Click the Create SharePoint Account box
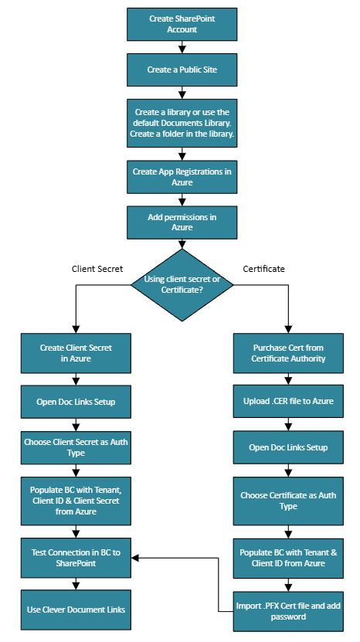point(182,23)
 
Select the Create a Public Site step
point(182,70)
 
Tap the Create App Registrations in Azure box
point(182,177)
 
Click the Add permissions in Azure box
point(182,222)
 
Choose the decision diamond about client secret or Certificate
point(182,284)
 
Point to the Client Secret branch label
point(98,269)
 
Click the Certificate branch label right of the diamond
point(264,269)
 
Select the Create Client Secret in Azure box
point(75,353)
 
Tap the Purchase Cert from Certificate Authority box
point(289,353)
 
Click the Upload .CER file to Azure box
point(289,402)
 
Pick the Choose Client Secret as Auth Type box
point(75,448)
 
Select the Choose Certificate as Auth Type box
point(289,501)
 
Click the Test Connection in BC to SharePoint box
point(75,559)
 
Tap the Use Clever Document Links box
point(75,609)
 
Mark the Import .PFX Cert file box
point(289,612)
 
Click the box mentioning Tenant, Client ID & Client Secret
point(75,501)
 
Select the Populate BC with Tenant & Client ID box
point(289,559)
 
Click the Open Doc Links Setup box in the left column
point(75,402)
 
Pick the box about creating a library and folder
point(182,123)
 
